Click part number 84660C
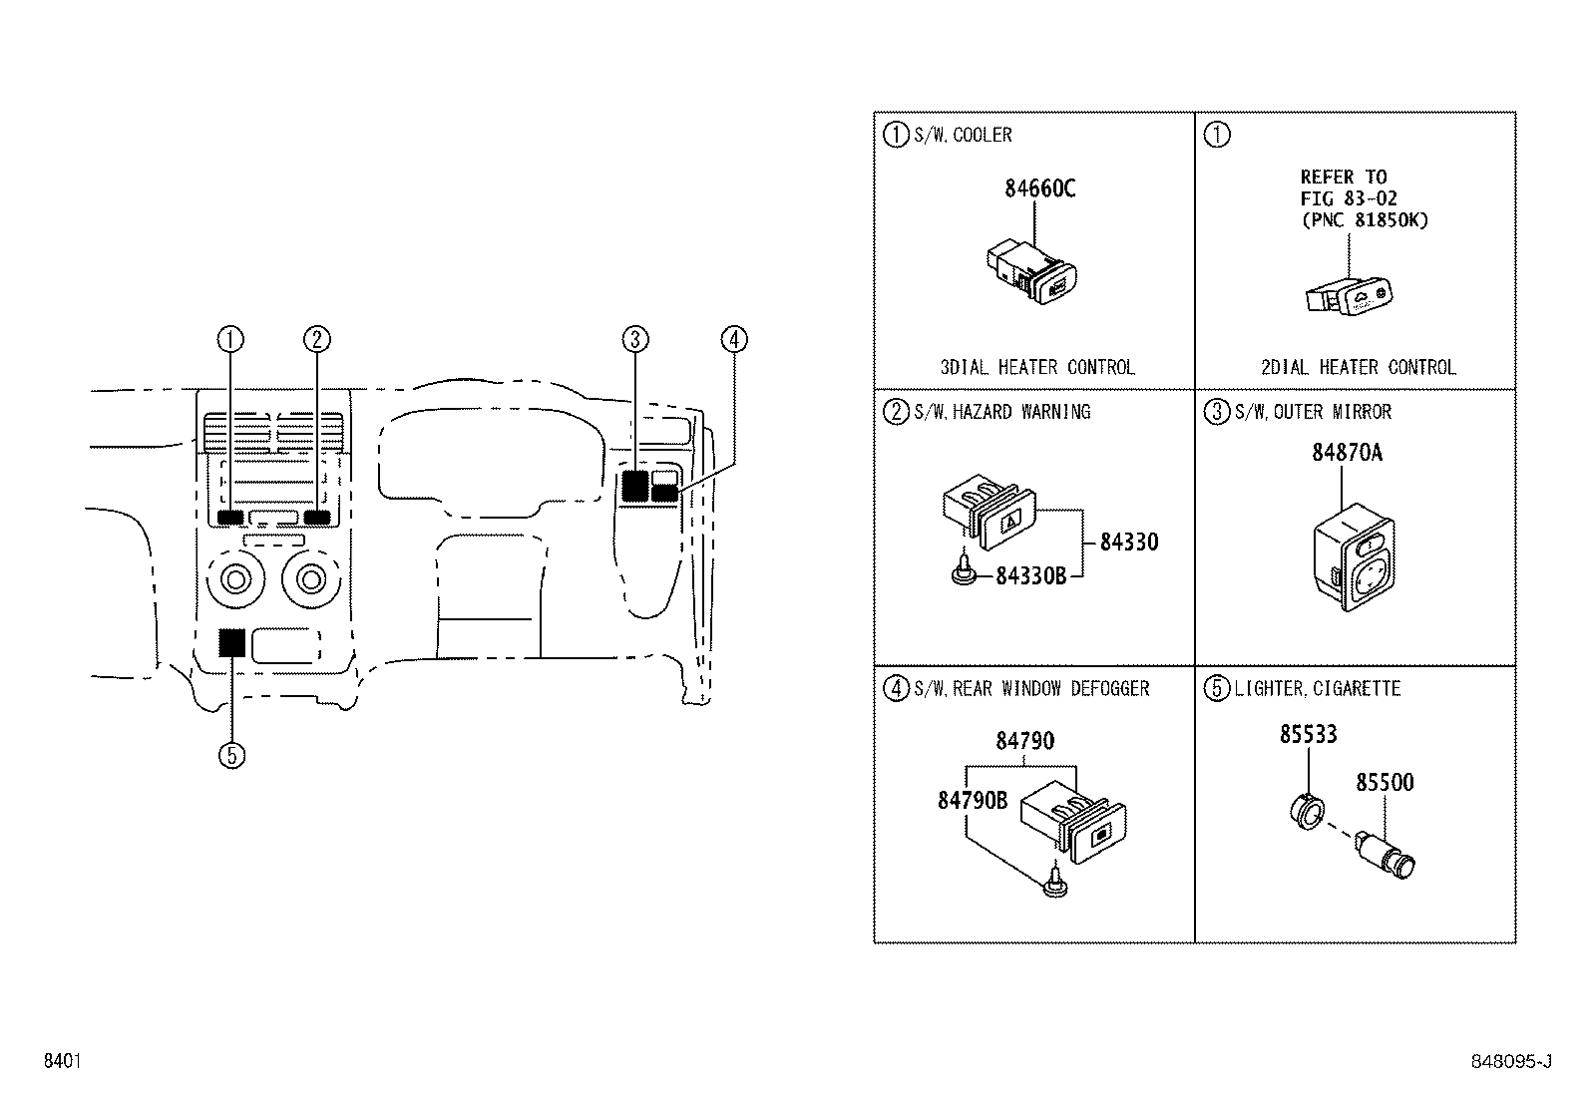[x=1039, y=187]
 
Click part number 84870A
[x=1346, y=452]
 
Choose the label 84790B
[x=972, y=800]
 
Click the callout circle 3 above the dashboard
[x=634, y=340]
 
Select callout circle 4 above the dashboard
[x=733, y=340]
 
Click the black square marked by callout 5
[x=231, y=642]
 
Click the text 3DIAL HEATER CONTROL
[x=1036, y=367]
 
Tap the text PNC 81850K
[x=1364, y=220]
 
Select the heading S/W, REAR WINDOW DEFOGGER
[x=1031, y=689]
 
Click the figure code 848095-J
[x=1510, y=1062]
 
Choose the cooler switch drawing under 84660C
[x=1032, y=272]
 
